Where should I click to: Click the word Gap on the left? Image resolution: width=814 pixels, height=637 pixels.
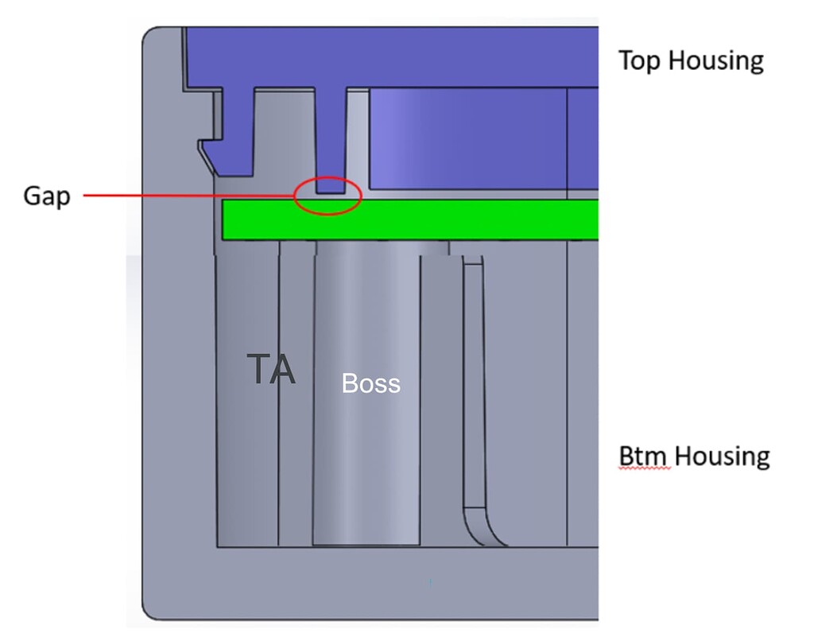pos(47,196)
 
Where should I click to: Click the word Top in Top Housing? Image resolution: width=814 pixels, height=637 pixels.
pos(641,60)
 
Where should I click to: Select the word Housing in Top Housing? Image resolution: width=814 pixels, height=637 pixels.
pos(717,61)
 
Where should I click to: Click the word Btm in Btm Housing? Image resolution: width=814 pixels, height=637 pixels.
pos(645,456)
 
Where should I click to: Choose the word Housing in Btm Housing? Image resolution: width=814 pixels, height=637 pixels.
pos(723,457)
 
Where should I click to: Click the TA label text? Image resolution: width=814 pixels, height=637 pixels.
pos(271,369)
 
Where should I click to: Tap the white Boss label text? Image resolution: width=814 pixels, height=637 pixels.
pos(370,384)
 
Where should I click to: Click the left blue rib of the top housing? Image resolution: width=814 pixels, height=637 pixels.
pos(237,131)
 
